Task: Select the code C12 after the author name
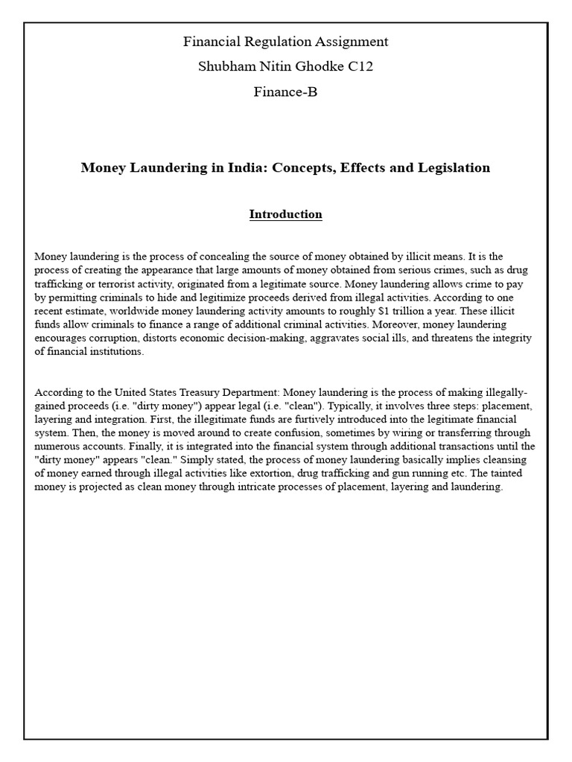(358, 67)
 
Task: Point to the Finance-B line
(286, 92)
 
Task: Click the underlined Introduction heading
(286, 214)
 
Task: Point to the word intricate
(242, 487)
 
